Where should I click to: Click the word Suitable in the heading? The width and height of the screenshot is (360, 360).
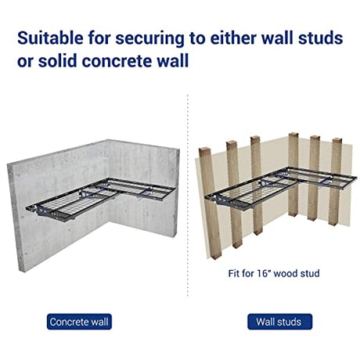pyautogui.click(x=50, y=38)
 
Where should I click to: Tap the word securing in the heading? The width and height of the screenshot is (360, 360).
pyautogui.click(x=149, y=38)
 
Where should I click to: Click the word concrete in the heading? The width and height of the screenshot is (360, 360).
pyautogui.click(x=121, y=61)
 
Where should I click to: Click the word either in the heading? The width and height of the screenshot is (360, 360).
pyautogui.click(x=233, y=38)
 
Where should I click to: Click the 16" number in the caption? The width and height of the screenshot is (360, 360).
pyautogui.click(x=264, y=273)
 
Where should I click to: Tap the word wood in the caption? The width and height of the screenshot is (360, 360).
pyautogui.click(x=286, y=273)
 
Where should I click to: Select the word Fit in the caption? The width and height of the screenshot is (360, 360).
pyautogui.click(x=234, y=273)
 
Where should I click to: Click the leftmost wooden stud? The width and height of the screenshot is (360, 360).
pyautogui.click(x=210, y=203)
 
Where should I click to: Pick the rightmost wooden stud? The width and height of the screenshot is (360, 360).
pyautogui.click(x=335, y=182)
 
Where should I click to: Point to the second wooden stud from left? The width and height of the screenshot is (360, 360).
pyautogui.click(x=235, y=194)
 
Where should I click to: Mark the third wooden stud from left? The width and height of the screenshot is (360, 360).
pyautogui.click(x=257, y=185)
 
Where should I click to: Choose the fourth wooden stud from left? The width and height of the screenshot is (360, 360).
pyautogui.click(x=293, y=175)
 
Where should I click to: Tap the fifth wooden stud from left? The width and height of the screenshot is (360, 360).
pyautogui.click(x=314, y=178)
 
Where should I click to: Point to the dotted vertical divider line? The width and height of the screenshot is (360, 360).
pyautogui.click(x=188, y=196)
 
